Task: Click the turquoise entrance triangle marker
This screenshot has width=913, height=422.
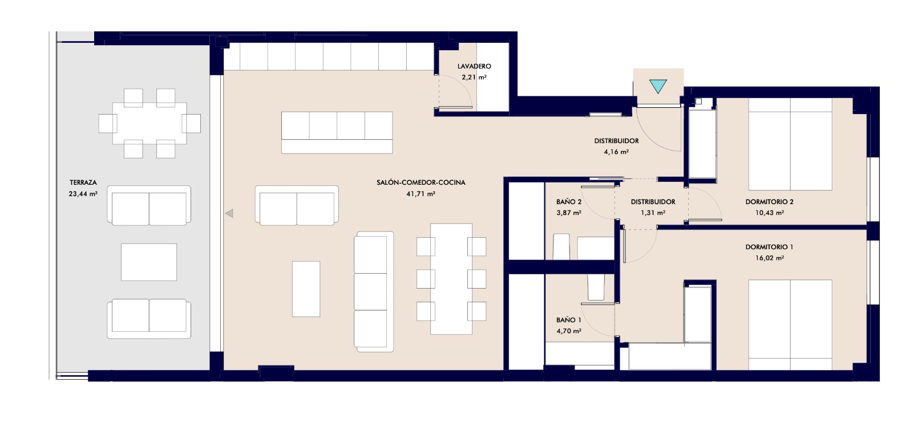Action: click(658, 86)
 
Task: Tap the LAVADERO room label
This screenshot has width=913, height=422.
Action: click(474, 66)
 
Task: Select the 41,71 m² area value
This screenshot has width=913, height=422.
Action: click(421, 194)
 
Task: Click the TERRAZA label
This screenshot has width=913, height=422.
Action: click(83, 182)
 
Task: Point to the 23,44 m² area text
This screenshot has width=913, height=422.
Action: click(83, 194)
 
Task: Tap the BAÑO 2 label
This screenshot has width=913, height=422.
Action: click(568, 202)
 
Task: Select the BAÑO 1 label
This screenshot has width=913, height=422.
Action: click(568, 320)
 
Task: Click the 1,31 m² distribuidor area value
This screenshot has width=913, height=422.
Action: click(653, 213)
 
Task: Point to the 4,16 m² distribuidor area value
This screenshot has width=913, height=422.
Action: click(616, 152)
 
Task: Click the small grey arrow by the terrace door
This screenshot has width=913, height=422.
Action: click(229, 213)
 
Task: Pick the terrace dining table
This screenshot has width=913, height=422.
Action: click(150, 123)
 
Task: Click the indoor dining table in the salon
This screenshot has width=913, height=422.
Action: click(451, 279)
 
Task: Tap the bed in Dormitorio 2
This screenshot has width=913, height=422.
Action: click(790, 144)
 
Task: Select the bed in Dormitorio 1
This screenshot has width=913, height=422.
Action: click(790, 324)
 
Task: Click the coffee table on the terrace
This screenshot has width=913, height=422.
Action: click(149, 262)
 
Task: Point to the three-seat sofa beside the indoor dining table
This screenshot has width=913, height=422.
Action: click(374, 291)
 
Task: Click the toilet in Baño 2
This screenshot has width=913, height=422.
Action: click(561, 246)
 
